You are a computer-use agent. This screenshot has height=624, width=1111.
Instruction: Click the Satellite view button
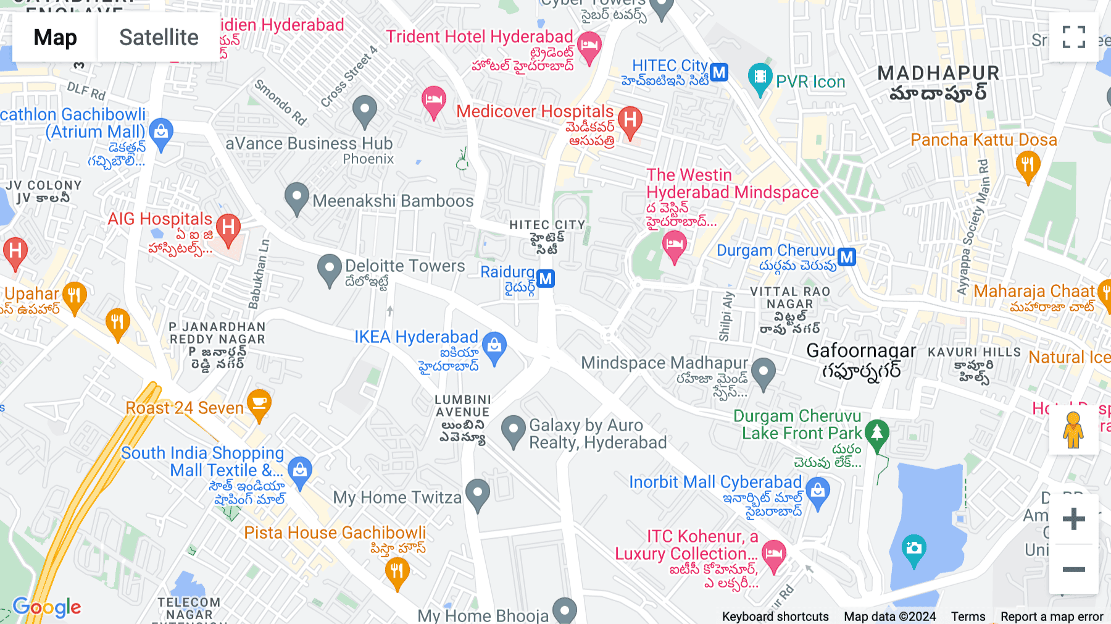point(159,37)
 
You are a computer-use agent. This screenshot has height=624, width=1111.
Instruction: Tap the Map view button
point(55,37)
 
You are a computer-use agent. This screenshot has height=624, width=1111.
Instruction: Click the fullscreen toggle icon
point(1073,37)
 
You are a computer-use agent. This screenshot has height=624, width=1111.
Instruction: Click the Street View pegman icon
point(1073,430)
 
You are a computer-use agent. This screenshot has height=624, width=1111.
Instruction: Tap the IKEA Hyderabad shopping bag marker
point(494,347)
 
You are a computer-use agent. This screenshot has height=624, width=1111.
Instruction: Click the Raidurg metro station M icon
point(545,279)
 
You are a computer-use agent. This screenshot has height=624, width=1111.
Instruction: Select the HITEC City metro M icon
point(718,73)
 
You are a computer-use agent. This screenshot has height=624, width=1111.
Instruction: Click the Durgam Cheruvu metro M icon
point(847,257)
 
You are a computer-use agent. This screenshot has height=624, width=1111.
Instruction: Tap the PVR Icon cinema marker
point(760,78)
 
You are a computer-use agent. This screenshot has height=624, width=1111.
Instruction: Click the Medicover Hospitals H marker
point(630,120)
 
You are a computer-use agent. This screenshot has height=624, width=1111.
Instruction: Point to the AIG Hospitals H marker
point(228,229)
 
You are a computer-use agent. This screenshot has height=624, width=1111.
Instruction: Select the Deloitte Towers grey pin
point(329,269)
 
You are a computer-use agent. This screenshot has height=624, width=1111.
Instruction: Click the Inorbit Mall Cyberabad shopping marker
point(818,492)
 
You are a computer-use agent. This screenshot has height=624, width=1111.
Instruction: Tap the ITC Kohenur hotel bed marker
point(773,554)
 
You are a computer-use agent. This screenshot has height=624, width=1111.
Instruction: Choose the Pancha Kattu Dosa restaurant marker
point(1028,166)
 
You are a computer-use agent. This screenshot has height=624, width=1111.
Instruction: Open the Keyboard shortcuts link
point(775,617)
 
